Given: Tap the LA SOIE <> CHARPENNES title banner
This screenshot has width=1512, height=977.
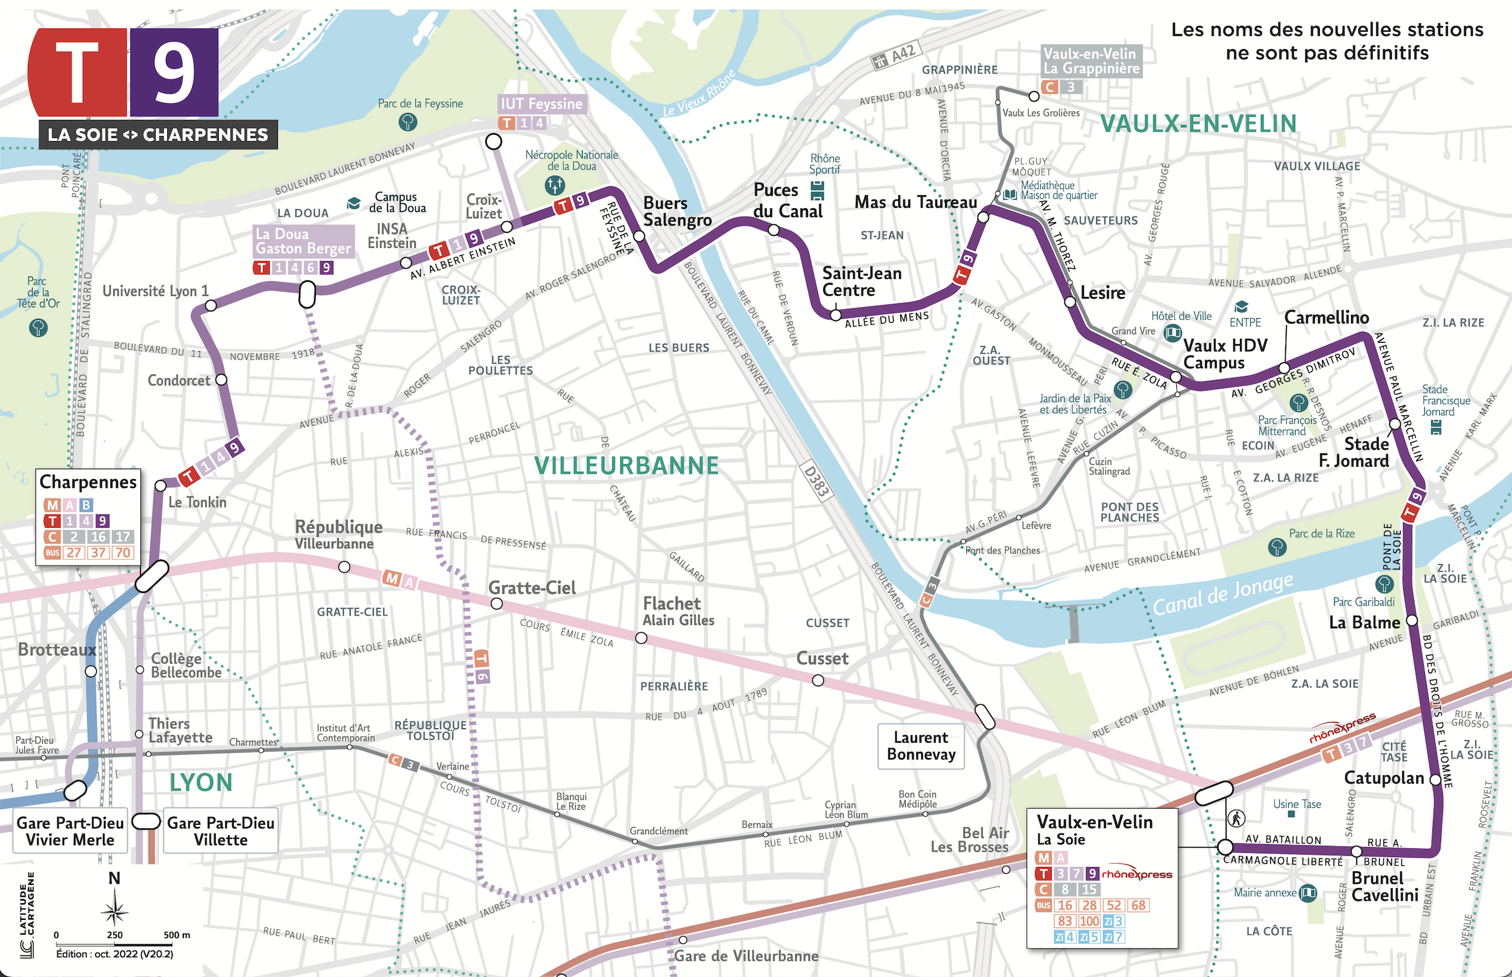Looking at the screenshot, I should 158,134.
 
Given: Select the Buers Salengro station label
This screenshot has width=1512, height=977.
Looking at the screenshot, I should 676,211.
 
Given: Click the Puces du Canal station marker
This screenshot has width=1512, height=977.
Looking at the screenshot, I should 773,231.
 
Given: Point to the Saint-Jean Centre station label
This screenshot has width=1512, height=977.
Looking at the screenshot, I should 861,282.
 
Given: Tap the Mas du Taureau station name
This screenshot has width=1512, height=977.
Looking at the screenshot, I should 915,202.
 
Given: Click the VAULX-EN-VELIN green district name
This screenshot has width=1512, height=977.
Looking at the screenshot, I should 1198,124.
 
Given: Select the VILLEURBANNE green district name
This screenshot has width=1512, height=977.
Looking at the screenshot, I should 626,466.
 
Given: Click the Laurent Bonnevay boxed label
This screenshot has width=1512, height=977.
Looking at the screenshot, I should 921,746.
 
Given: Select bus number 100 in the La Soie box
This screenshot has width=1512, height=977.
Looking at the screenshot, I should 1089,921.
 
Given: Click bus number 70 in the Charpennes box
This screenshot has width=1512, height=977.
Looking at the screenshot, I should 123,553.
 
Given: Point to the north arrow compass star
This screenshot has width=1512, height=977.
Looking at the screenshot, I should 114,912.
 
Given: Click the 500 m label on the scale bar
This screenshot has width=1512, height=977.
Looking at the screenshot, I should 177,935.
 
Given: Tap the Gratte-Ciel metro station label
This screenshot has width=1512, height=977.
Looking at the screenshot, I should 532,588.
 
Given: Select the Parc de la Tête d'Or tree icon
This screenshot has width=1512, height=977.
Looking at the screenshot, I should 38,328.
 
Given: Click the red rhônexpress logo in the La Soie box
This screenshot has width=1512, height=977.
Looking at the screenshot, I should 1137,874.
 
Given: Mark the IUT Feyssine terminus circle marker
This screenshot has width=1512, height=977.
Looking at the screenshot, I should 493,142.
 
